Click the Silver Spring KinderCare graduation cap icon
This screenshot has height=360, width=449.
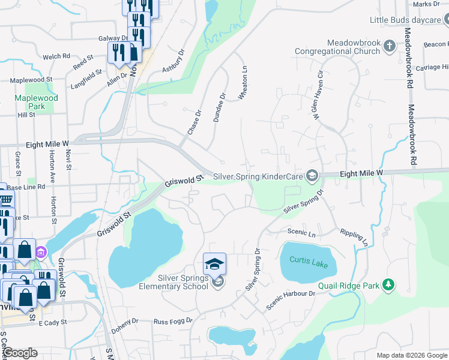pyautogui.click(x=312, y=176)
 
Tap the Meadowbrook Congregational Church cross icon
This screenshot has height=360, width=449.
pyautogui.click(x=390, y=46)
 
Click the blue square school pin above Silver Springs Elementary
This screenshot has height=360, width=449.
pyautogui.click(x=214, y=264)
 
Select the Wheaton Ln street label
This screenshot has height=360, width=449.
pyautogui.click(x=244, y=76)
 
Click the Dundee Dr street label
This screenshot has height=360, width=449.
pyautogui.click(x=220, y=107)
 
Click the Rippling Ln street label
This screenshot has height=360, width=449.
pyautogui.click(x=354, y=237)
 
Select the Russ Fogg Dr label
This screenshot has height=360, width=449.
pyautogui.click(x=172, y=321)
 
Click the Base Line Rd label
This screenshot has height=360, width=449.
pyautogui.click(x=26, y=187)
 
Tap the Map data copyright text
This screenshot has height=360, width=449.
pyautogui.click(x=411, y=355)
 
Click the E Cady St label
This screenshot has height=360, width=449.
pyautogui.click(x=55, y=323)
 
